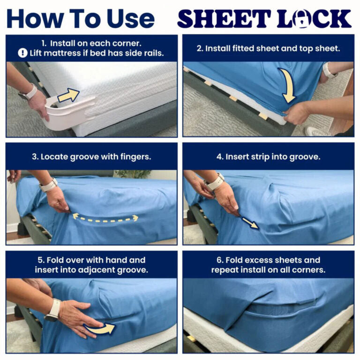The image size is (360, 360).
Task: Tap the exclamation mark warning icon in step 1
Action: tap(22, 53)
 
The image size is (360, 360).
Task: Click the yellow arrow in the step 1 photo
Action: tap(68, 95)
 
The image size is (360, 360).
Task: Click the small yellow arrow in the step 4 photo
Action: tap(250, 223)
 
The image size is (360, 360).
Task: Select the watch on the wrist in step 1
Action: tap(28, 92)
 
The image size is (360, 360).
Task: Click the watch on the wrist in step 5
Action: tap(53, 310)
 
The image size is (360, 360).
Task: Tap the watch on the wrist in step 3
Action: tap(48, 185)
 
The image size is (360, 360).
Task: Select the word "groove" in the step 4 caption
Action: tap(304, 157)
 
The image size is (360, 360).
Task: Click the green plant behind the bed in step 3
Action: tap(133, 174)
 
